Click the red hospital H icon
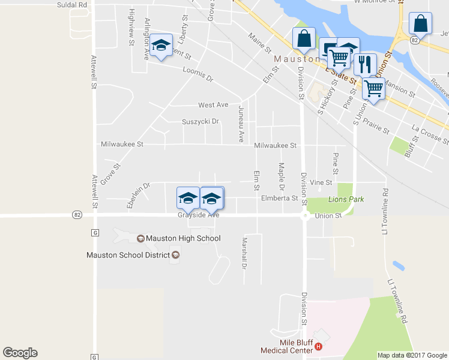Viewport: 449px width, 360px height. click(x=319, y=346)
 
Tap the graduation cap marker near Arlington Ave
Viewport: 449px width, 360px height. click(x=161, y=46)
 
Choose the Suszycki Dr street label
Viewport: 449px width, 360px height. click(x=200, y=122)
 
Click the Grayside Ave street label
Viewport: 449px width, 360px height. click(x=198, y=214)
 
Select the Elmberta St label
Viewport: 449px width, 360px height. click(x=279, y=198)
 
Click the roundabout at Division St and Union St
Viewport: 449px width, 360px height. click(x=305, y=215)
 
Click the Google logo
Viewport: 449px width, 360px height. click(x=20, y=353)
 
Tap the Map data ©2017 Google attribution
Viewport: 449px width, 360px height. click(x=412, y=355)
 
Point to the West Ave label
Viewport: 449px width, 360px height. click(x=213, y=105)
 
